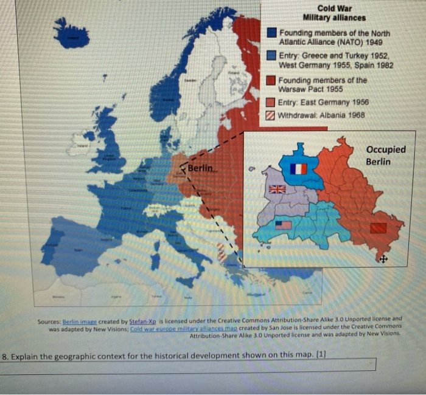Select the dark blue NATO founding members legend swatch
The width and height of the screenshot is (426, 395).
click(271, 33)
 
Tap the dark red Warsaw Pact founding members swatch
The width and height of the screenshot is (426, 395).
click(271, 81)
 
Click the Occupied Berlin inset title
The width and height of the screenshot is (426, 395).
click(386, 156)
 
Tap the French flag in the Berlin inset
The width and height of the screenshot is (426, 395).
click(298, 169)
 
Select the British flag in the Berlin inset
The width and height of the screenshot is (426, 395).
click(277, 189)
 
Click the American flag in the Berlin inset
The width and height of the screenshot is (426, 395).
click(283, 225)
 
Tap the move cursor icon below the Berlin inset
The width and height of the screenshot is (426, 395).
click(382, 259)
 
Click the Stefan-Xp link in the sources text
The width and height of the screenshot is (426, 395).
click(140, 318)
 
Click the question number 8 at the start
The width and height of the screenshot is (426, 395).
click(5, 357)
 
